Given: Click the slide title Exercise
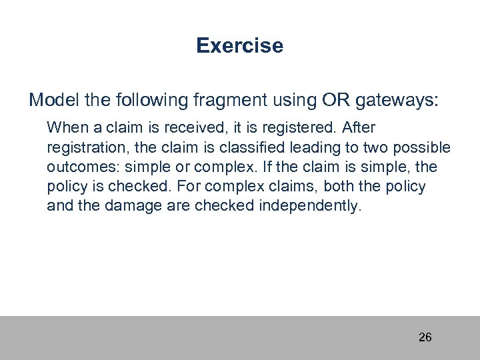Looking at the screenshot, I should click(x=240, y=46).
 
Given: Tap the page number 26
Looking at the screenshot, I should click(x=425, y=337).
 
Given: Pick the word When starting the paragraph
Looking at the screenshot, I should click(x=65, y=126).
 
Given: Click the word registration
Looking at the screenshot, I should click(x=83, y=147).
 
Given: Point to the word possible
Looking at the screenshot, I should click(x=427, y=147).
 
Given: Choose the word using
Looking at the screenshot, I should click(x=293, y=101).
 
